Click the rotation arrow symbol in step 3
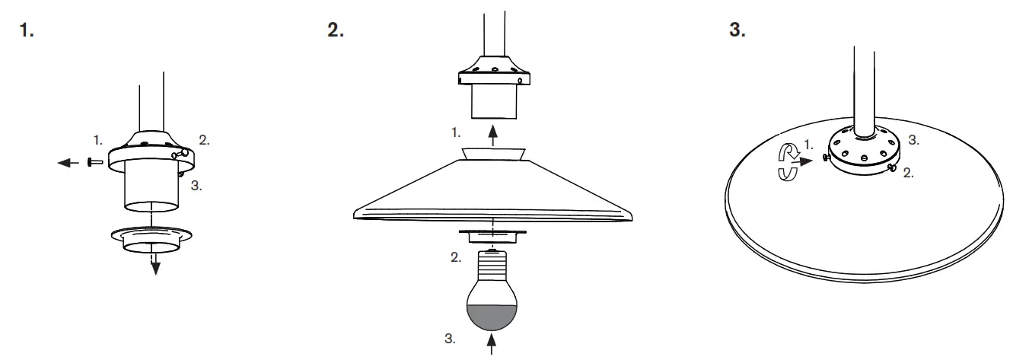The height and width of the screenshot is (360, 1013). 785,162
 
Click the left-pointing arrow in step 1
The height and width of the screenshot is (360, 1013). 70,161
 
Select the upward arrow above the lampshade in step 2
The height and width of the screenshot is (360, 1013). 492,138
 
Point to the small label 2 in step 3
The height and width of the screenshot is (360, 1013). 909,174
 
